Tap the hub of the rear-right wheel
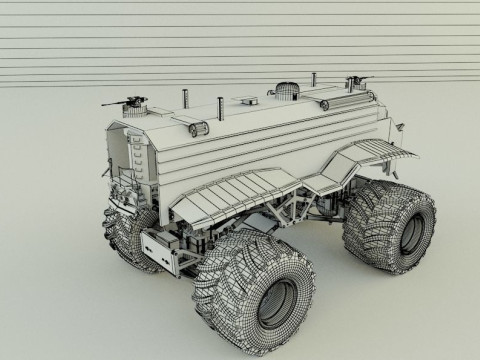pos(411,232)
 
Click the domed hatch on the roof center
pos(286,91)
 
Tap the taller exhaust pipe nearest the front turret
pos(185,99)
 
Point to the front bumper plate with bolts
pos(159,246)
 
